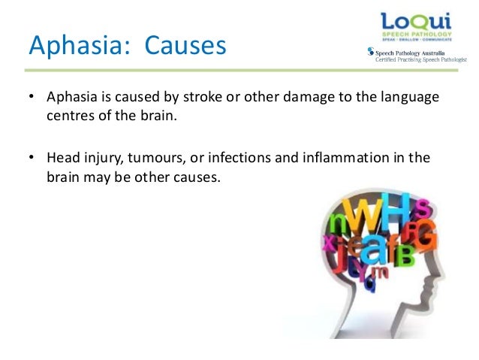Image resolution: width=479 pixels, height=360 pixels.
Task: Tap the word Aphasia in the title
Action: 72,46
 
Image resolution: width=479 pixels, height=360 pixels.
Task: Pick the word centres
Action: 71,117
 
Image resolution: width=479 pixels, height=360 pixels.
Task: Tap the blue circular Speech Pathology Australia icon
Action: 369,52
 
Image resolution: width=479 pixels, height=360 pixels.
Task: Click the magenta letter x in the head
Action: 327,241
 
